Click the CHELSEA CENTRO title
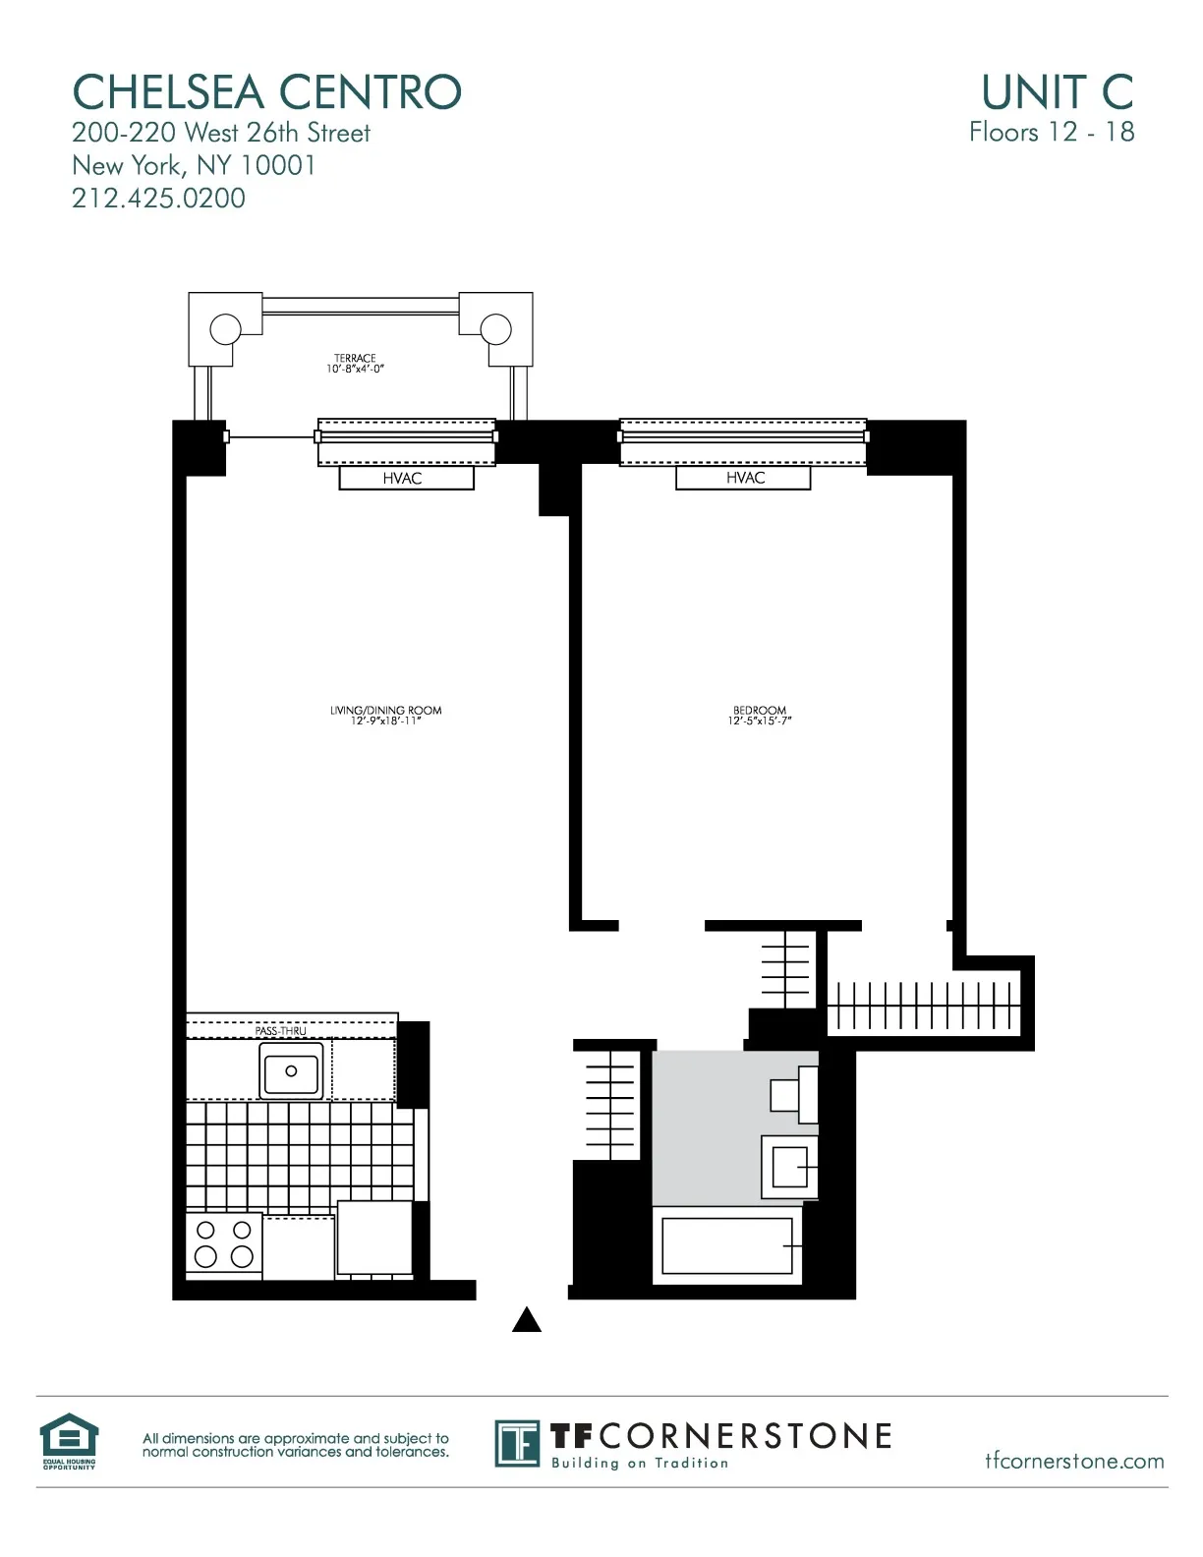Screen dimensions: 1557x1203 tap(266, 92)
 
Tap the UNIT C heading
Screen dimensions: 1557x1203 tap(1057, 92)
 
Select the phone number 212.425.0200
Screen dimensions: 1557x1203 tap(158, 199)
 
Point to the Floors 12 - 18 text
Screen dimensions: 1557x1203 tap(1051, 133)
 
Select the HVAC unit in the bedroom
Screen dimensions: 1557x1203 tap(744, 478)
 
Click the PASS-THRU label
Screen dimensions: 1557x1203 tap(280, 1031)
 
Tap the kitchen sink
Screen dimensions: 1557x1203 tap(291, 1070)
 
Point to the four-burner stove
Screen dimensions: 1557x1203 tap(224, 1244)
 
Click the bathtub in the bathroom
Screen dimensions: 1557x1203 tap(727, 1246)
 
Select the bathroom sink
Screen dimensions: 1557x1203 tap(789, 1167)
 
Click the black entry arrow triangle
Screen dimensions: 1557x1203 tap(527, 1320)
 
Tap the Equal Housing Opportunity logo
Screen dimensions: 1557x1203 tap(69, 1440)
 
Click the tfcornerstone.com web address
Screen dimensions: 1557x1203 tap(1074, 1461)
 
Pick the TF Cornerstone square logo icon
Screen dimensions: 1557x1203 tap(517, 1443)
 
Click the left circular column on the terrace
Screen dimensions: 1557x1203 tap(225, 327)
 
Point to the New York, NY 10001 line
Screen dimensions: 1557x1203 tap(194, 165)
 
